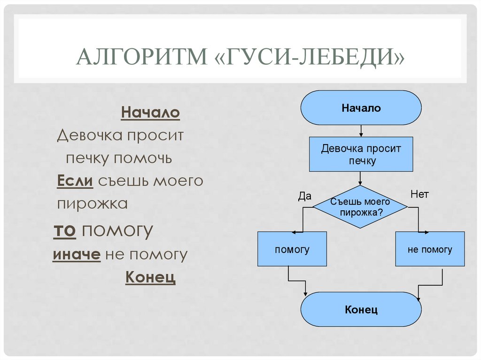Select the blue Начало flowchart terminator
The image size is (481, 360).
tap(361, 108)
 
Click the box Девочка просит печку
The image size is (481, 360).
tap(361, 154)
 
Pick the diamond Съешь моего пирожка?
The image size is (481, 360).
tap(360, 207)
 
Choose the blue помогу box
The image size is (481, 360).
tap(292, 249)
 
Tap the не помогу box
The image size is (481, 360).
tap(429, 249)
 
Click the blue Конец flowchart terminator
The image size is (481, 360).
tap(361, 310)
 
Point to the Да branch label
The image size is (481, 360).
tap(305, 196)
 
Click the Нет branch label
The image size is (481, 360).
tap(419, 194)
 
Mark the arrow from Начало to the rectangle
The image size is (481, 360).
tap(361, 130)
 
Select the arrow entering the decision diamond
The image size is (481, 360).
tap(361, 178)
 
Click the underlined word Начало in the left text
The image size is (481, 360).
tap(150, 113)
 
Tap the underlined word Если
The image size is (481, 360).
tap(75, 181)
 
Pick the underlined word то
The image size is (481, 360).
tap(65, 231)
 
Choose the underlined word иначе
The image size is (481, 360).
tap(77, 255)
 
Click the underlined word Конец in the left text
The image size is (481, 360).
tap(150, 277)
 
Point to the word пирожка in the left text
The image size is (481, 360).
tap(93, 204)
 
